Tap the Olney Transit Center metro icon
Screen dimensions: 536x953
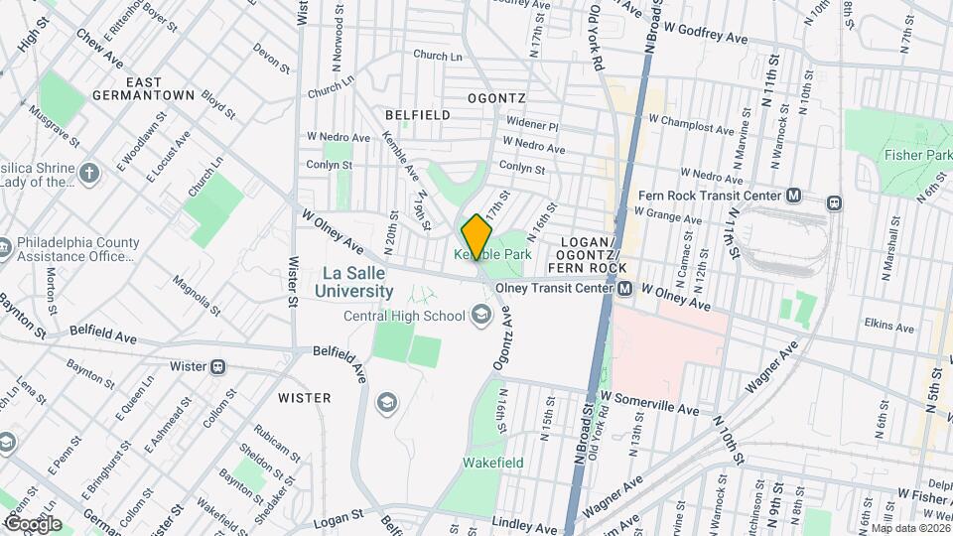(x=625, y=289)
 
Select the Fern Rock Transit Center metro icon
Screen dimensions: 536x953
(x=793, y=196)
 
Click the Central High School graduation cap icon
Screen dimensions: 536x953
(x=481, y=316)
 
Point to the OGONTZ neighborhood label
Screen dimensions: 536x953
(x=495, y=98)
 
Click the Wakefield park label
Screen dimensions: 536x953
(x=492, y=463)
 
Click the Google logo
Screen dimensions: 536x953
(x=32, y=524)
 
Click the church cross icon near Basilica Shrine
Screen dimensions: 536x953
(x=89, y=175)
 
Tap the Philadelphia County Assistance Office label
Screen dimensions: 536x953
(x=74, y=247)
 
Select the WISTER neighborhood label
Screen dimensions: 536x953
(x=304, y=398)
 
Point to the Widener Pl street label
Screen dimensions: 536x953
(x=533, y=127)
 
